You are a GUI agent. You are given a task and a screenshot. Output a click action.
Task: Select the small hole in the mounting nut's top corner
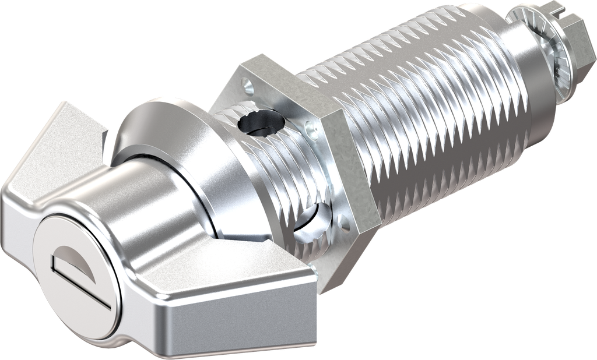click(250, 87)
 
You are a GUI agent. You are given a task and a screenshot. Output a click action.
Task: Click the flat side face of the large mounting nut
click(356, 169)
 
